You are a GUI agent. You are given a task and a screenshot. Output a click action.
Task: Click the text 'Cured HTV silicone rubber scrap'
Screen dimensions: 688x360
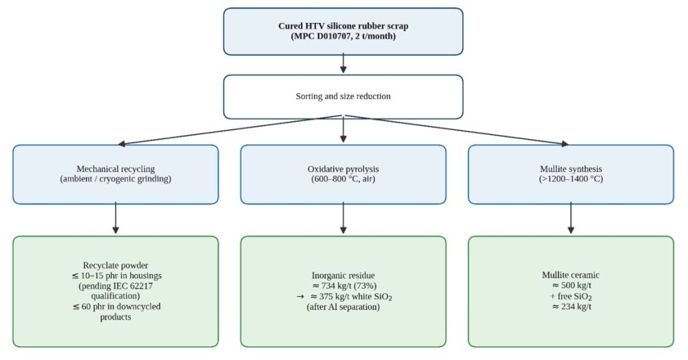click(x=343, y=26)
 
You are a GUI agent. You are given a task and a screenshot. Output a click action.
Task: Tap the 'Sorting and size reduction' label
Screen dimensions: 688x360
click(x=343, y=96)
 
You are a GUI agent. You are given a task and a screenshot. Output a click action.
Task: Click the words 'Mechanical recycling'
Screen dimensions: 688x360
click(x=115, y=169)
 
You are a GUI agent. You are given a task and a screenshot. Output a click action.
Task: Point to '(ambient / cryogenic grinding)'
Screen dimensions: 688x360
click(x=115, y=179)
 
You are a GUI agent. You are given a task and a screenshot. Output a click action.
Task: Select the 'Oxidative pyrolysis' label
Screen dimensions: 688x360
click(x=343, y=169)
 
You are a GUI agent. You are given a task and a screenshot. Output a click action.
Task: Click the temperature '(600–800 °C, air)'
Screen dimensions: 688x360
click(x=343, y=179)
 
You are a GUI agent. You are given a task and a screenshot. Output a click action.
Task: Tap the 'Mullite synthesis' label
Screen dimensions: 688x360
click(x=571, y=169)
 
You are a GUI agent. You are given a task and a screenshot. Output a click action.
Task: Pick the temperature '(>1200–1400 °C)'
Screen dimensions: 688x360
click(x=571, y=179)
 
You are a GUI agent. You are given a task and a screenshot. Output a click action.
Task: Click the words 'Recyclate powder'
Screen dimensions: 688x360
click(x=115, y=265)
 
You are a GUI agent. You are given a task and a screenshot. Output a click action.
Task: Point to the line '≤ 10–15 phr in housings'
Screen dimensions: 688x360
click(x=117, y=275)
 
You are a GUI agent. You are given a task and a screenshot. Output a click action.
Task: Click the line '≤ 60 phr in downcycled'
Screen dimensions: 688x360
click(x=117, y=306)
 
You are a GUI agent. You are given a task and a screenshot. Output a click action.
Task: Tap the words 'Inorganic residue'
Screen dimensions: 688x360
click(x=343, y=275)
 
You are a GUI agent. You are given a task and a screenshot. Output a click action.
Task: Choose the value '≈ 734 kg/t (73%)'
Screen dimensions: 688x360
click(x=343, y=286)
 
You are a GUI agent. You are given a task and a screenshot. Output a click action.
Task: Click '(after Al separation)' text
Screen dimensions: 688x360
click(x=343, y=306)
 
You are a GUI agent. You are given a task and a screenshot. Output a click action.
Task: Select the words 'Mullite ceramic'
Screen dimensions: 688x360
click(x=570, y=275)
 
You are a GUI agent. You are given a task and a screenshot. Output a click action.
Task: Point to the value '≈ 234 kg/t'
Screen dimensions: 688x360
click(x=571, y=306)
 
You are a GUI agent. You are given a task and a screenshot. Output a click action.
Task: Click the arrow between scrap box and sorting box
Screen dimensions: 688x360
click(x=343, y=63)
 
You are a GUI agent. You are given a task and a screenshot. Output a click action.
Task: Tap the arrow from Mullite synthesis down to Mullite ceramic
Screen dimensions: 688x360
click(x=571, y=218)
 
